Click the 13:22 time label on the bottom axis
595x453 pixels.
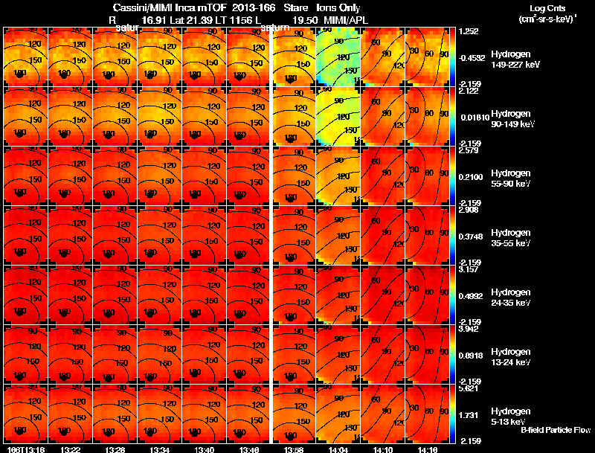(71, 449)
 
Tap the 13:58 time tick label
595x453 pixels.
(295, 449)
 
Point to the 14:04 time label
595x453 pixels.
(339, 449)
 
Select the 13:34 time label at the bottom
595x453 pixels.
(160, 449)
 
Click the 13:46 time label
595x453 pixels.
(249, 449)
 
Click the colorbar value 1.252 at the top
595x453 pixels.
(469, 31)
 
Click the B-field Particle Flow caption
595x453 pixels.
(555, 430)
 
